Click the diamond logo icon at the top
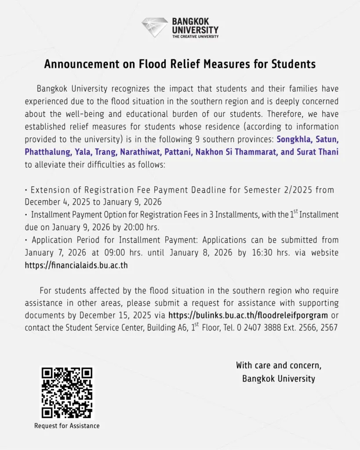coord(154,27)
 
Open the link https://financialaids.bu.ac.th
coord(76,265)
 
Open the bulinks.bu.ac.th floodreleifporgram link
coord(248,316)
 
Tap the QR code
coord(67,393)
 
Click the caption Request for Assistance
coord(67,425)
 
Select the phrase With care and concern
coord(279,365)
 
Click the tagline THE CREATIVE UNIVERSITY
coord(195,36)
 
